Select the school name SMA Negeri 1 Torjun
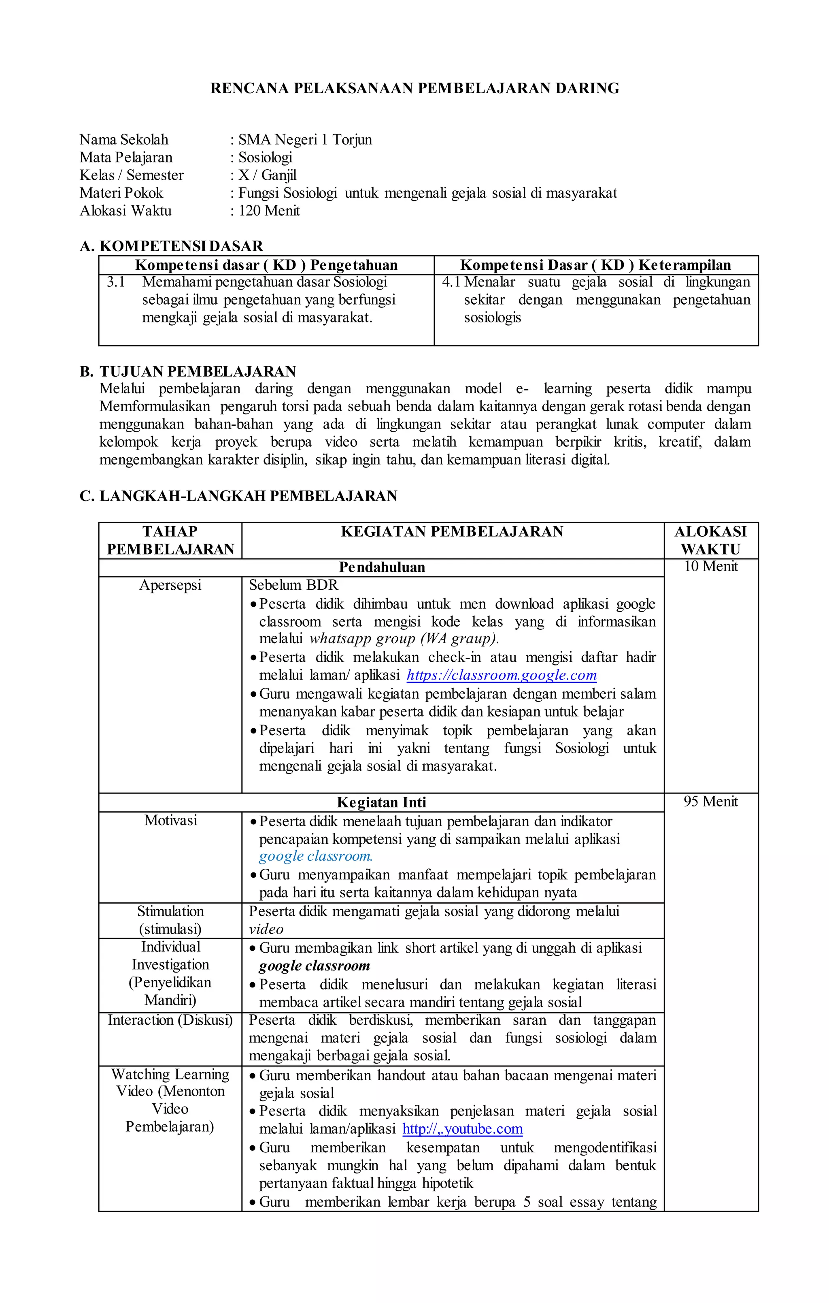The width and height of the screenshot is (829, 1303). coord(305,140)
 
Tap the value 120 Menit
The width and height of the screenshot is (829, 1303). coord(269,211)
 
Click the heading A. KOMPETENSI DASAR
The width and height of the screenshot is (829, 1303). coord(171,246)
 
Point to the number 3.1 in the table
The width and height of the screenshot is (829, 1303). coord(116,282)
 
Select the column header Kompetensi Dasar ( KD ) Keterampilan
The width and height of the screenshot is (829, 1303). coord(595,265)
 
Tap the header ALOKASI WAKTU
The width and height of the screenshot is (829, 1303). coord(710,540)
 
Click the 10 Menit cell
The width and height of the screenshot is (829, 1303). coord(710,567)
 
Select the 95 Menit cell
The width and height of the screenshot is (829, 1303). coord(710,802)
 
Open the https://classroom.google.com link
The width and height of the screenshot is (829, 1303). coord(501,675)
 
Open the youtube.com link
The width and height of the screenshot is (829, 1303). coord(462,1129)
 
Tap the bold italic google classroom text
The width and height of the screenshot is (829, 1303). coord(314,966)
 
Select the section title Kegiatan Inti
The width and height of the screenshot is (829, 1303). coord(382,802)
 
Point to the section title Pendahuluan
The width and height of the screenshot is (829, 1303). coord(382,567)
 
